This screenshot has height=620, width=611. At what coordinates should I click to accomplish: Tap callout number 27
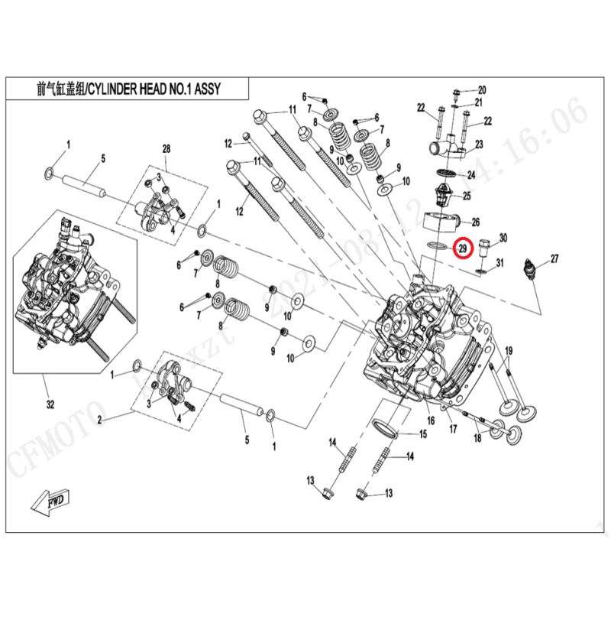click(554, 259)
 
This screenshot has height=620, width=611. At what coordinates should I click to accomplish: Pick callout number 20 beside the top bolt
click(481, 89)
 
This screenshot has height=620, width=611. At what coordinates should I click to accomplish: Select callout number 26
click(475, 222)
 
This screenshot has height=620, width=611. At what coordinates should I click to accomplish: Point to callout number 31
click(500, 264)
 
